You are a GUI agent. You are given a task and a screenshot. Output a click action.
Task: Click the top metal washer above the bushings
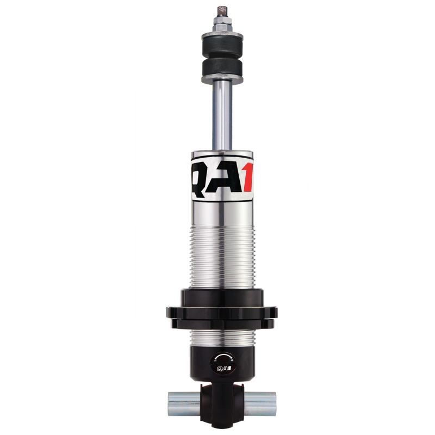[221, 37]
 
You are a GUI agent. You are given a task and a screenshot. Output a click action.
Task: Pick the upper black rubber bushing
[221, 49]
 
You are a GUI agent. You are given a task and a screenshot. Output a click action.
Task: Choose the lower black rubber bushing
[221, 68]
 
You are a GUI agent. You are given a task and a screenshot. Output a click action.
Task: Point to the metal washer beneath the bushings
[221, 79]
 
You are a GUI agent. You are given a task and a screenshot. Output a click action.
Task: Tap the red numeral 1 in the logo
[247, 175]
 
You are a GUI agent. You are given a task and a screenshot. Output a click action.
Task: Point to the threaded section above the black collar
[221, 256]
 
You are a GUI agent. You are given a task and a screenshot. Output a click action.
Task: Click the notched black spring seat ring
[221, 313]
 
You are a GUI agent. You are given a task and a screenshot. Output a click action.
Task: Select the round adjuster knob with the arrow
[221, 360]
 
